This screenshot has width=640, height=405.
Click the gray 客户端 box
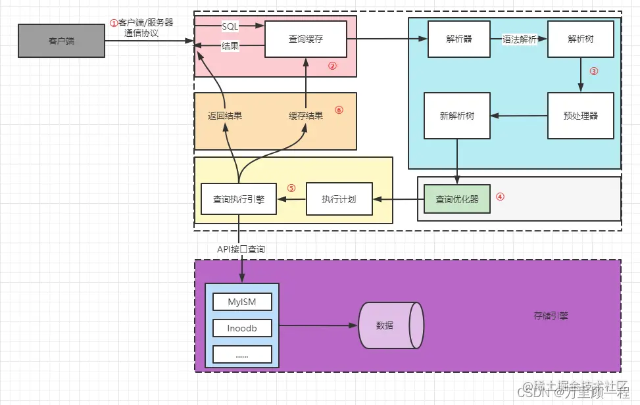click(61, 41)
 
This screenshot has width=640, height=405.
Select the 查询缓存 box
click(306, 39)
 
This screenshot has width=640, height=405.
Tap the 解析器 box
click(458, 39)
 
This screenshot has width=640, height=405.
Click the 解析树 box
click(581, 39)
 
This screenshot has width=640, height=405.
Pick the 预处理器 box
click(580, 116)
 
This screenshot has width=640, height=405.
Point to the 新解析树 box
click(457, 116)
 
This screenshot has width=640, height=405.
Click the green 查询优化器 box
click(457, 199)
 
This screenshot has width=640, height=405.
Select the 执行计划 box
click(339, 199)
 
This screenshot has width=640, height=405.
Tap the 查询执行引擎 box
click(239, 199)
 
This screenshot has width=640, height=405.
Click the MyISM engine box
click(242, 302)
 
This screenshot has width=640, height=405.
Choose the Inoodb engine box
click(242, 328)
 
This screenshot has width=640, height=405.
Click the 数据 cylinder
click(389, 325)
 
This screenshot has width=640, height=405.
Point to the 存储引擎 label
click(551, 316)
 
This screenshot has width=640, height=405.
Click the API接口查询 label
click(242, 249)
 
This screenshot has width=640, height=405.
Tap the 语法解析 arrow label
click(520, 39)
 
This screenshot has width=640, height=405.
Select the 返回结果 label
click(225, 116)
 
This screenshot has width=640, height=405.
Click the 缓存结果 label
click(306, 116)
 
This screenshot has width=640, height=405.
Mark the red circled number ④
click(500, 197)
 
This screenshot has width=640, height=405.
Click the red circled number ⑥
click(339, 110)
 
